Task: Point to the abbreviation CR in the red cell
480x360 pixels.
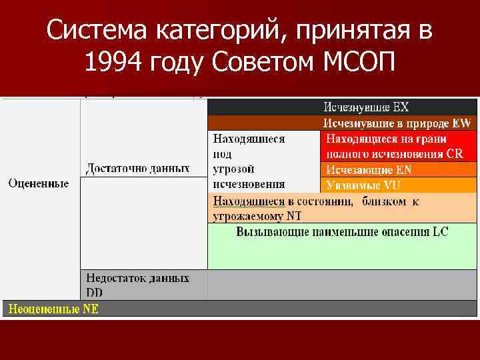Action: tap(455, 153)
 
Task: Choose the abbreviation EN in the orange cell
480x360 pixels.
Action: tap(405, 169)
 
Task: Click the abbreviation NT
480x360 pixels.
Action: tap(294, 215)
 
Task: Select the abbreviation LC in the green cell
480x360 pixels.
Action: tap(441, 231)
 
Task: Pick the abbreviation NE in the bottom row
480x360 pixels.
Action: tap(90, 309)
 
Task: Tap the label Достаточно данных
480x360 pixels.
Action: tap(137, 168)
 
